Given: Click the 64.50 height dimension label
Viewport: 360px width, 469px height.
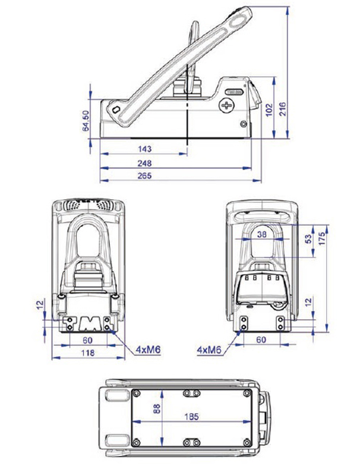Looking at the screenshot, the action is pyautogui.click(x=86, y=121).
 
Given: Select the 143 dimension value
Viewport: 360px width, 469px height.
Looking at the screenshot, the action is pyautogui.click(x=145, y=149).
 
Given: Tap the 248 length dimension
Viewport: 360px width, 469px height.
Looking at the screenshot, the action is pyautogui.click(x=145, y=163).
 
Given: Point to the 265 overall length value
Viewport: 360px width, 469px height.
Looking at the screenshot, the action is pyautogui.click(x=145, y=175).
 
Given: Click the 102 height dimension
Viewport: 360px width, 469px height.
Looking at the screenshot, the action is pyautogui.click(x=269, y=110).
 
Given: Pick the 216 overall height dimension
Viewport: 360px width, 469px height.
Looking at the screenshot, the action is pyautogui.click(x=282, y=109).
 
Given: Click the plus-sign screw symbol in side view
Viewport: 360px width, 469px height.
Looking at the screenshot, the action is pyautogui.click(x=227, y=105).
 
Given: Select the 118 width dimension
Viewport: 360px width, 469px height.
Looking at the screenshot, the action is pyautogui.click(x=87, y=352).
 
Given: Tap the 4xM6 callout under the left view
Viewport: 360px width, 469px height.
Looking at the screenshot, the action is pyautogui.click(x=149, y=349).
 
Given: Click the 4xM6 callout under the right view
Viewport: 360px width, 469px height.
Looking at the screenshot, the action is pyautogui.click(x=210, y=350).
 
